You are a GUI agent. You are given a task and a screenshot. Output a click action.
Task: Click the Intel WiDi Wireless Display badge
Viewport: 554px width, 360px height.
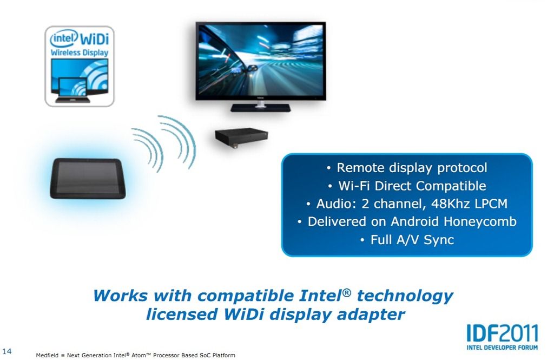click(x=80, y=66)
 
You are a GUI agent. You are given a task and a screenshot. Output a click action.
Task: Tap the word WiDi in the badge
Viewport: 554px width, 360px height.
click(x=94, y=38)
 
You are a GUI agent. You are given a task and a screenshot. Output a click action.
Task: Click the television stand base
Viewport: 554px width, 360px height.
click(x=260, y=108)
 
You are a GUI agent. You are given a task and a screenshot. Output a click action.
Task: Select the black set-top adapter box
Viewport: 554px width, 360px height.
click(x=241, y=138)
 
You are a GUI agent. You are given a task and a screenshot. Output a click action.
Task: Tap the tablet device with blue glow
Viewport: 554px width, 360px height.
click(x=88, y=178)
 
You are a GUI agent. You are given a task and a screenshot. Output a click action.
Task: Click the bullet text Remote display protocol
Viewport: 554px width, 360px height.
click(x=412, y=168)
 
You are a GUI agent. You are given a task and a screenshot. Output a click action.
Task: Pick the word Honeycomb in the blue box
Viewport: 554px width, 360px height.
click(x=480, y=222)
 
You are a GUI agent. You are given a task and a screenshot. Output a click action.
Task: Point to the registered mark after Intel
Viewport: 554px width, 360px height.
click(x=347, y=292)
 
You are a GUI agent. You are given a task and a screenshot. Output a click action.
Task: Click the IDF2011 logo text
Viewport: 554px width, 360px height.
click(x=502, y=333)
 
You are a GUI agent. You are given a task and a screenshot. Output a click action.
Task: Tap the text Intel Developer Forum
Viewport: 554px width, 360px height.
click(x=502, y=347)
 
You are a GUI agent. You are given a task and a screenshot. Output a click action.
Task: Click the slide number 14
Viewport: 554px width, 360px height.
click(x=7, y=351)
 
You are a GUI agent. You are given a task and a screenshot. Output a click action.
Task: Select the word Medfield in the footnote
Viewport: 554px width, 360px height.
click(x=47, y=355)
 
